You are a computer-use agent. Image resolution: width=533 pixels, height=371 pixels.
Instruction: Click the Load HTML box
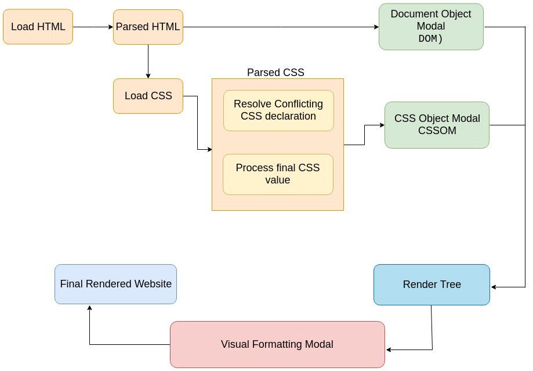pos(38,27)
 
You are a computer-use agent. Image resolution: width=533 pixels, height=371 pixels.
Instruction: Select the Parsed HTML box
pos(148,27)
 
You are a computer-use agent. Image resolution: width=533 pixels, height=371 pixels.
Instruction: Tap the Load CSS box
pos(148,96)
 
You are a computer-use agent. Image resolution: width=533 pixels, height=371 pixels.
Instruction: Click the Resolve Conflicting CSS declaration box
pos(278,110)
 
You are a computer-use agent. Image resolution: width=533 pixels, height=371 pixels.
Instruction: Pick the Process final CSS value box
pos(278,174)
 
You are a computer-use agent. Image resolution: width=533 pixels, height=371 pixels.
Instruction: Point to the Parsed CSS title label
pos(275,73)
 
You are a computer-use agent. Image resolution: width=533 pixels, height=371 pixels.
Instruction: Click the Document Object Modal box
pos(431,27)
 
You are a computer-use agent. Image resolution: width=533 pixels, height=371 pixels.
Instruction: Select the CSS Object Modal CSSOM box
pos(437,125)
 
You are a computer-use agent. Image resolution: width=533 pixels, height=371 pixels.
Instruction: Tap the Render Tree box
pos(432,284)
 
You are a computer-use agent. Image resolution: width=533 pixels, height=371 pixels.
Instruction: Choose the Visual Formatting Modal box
pos(277,344)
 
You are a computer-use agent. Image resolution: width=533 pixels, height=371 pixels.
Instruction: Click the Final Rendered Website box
pos(115,284)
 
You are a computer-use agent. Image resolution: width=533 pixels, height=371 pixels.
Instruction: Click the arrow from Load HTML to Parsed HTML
pos(93,27)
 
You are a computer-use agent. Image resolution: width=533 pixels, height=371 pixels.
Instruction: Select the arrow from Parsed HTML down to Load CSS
pos(148,61)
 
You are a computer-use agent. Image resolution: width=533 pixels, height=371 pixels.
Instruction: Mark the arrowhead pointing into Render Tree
pos(494,287)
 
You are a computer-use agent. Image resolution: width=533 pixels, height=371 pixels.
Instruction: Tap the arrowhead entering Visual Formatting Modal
pos(389,350)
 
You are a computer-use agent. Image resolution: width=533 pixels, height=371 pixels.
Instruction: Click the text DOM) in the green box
pos(430,39)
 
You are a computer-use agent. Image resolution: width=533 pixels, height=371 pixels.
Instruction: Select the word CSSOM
pos(437,131)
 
